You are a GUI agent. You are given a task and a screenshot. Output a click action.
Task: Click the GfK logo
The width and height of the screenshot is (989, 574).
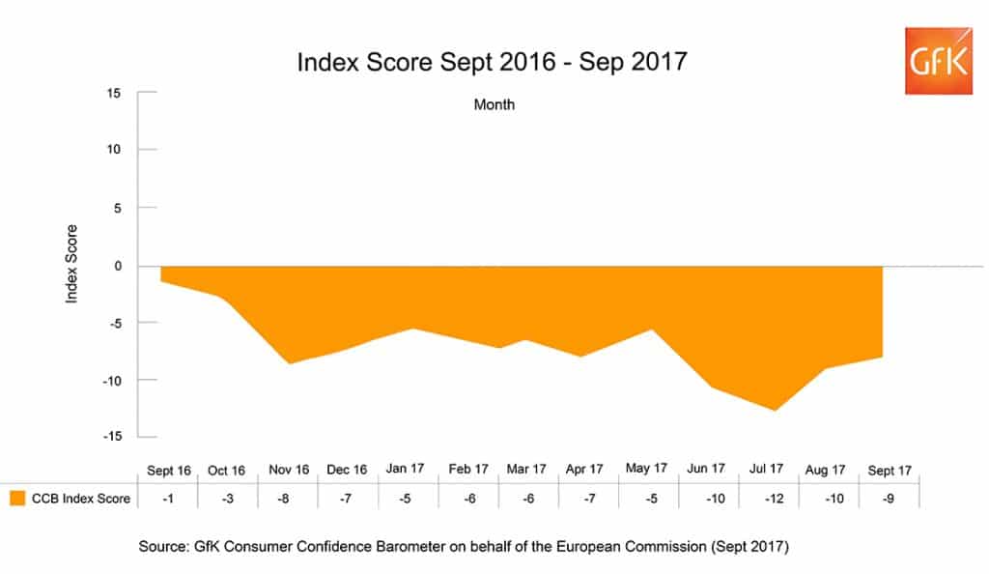(938, 61)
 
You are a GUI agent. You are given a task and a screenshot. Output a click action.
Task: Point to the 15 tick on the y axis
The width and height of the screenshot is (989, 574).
(113, 93)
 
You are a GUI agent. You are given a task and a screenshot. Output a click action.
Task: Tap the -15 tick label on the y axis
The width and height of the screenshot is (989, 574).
(110, 436)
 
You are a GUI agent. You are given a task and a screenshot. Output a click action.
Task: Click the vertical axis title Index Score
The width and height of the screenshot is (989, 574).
(71, 265)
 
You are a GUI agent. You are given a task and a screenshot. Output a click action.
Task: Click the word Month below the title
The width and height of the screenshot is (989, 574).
(494, 104)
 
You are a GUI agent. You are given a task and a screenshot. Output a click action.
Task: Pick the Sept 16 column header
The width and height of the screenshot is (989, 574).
(169, 471)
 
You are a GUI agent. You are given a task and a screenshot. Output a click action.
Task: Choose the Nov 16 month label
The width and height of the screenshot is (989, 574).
(288, 470)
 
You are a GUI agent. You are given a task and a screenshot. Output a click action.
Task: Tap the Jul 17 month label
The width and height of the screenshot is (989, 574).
(767, 469)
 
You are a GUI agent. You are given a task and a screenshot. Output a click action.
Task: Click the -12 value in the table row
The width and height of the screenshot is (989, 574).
(767, 499)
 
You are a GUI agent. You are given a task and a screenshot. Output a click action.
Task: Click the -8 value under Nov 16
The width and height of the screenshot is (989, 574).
(288, 499)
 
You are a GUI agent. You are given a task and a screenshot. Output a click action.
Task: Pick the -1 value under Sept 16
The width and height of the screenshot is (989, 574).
(169, 499)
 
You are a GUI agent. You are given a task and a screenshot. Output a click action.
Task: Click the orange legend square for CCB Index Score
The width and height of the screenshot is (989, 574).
(16, 499)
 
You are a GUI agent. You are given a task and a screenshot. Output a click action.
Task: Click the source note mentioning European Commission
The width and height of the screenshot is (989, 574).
(464, 547)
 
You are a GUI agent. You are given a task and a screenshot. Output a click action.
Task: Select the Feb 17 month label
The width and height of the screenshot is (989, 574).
(468, 469)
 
